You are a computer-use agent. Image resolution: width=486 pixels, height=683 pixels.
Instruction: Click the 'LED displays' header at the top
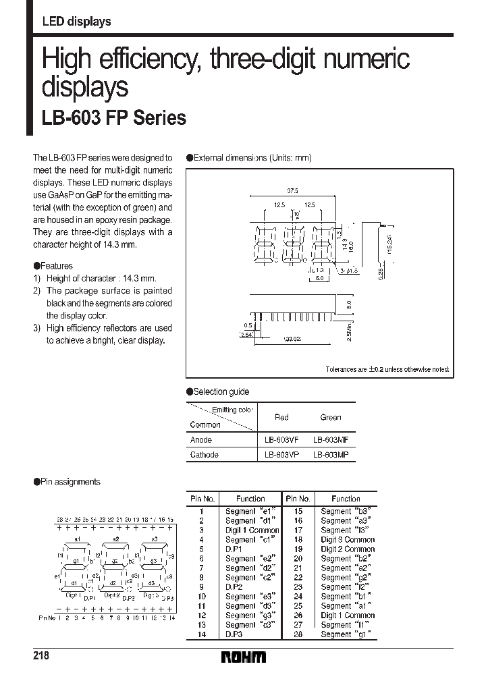[76, 22]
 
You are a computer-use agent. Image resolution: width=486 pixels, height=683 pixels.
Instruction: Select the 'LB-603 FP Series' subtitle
[114, 118]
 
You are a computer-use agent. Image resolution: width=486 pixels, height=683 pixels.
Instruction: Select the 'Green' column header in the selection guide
[331, 417]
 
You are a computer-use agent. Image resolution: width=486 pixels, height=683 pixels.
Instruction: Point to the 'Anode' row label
[201, 439]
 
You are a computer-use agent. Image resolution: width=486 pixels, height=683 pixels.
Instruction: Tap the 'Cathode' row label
[205, 455]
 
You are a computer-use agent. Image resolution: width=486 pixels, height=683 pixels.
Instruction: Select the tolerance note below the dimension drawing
[387, 369]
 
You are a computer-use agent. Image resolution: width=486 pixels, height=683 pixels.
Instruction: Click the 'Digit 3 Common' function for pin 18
[348, 540]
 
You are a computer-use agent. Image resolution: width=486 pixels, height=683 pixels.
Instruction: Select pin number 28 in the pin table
[298, 634]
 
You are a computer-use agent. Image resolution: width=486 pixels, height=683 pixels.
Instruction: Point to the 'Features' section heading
[53, 266]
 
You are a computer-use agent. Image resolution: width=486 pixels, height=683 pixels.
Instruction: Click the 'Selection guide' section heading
[217, 391]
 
